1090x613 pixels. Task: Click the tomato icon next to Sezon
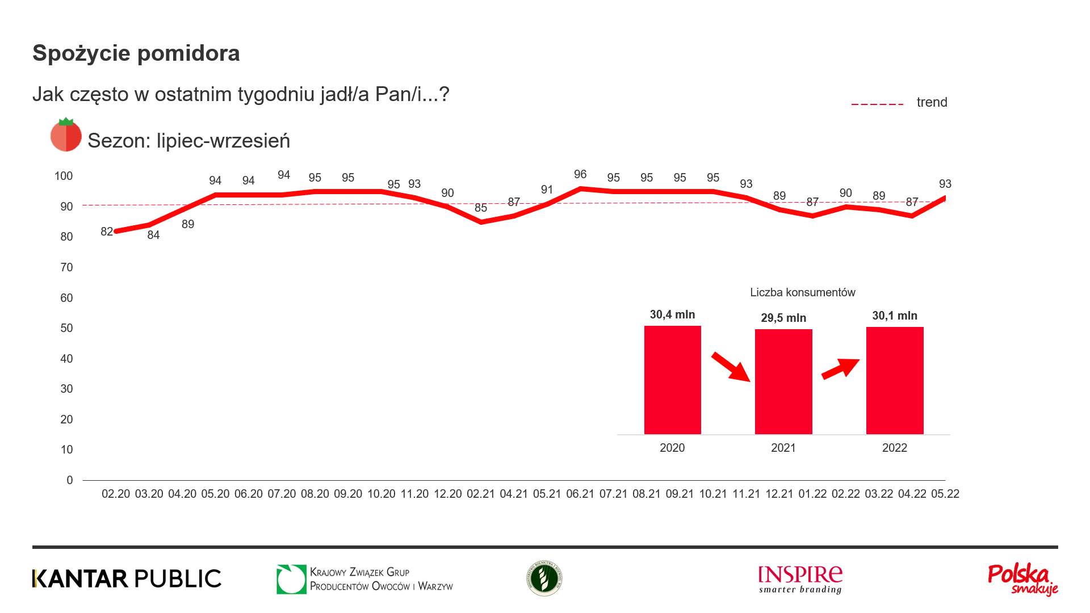pos(66,135)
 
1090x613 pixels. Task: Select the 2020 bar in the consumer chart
pos(672,380)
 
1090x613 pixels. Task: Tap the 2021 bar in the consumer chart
pos(783,381)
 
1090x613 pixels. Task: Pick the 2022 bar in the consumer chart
pos(895,380)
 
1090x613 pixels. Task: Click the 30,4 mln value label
pos(672,314)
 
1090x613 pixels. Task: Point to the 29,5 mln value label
pos(783,318)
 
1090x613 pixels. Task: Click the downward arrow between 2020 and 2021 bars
pos(731,367)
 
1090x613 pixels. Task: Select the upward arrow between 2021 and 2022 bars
pos(841,368)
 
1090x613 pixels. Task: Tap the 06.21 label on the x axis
pos(580,494)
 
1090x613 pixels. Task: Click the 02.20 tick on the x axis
pos(116,494)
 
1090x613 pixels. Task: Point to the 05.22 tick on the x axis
pos(945,494)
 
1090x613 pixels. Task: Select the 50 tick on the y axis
pos(66,328)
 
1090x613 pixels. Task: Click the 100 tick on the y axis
pos(64,176)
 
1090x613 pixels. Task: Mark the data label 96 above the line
pos(580,174)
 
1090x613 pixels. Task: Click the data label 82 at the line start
pos(107,232)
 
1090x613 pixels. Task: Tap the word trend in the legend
pos(932,102)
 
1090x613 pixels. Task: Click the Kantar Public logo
pos(127,578)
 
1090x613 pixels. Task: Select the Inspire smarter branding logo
pos(800,579)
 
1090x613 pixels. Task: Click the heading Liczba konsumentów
pos(802,292)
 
